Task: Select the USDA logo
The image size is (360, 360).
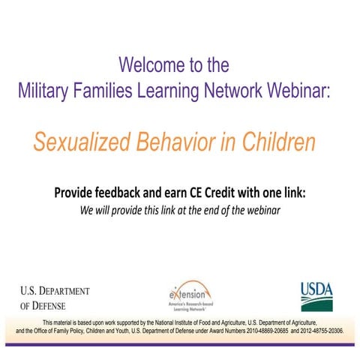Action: pyautogui.click(x=316, y=295)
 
